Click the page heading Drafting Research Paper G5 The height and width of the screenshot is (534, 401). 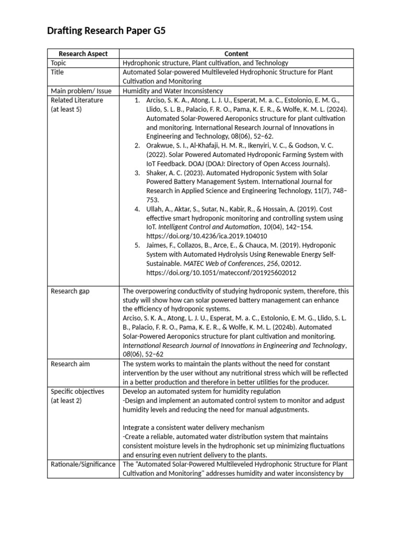(x=106, y=31)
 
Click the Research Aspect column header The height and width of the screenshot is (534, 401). (x=83, y=54)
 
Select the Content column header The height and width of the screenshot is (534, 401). (x=236, y=54)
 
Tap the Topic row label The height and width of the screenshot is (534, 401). (x=58, y=63)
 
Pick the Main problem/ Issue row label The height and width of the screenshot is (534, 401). (x=81, y=91)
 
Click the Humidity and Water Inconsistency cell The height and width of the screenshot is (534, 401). (x=172, y=91)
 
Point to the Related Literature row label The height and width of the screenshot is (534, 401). (x=77, y=100)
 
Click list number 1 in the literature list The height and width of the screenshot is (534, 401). (x=137, y=100)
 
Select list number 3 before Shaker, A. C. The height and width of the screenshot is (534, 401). (x=137, y=173)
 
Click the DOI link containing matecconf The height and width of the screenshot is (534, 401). (x=221, y=272)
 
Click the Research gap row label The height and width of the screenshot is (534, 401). (x=70, y=291)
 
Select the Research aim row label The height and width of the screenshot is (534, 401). (x=70, y=363)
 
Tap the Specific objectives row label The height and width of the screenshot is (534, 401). (x=77, y=391)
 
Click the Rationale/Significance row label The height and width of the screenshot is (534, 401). (x=83, y=464)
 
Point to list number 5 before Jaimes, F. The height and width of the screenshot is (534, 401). (x=137, y=245)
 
